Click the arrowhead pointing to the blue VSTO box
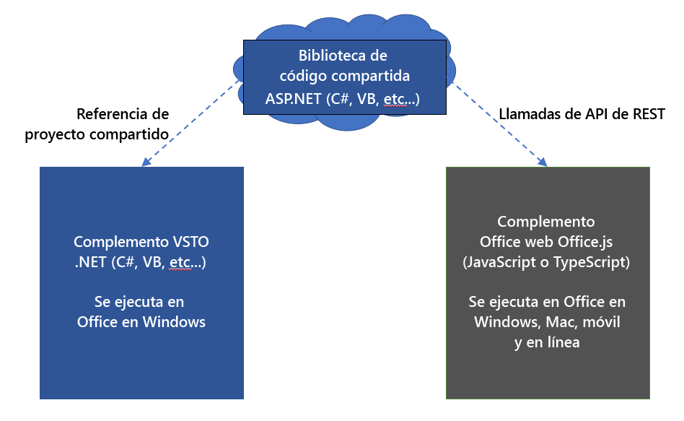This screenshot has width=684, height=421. (146, 162)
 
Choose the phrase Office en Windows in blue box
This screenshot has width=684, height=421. (141, 322)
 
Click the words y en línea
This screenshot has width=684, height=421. (547, 342)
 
